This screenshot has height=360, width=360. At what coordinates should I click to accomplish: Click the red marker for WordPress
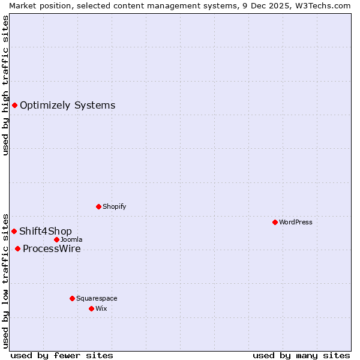[x=275, y=222]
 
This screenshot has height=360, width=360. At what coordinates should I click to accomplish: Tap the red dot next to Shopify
[x=98, y=206]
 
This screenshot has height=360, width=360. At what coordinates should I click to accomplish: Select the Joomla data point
[x=56, y=239]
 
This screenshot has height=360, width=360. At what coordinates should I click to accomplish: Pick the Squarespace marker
[x=72, y=298]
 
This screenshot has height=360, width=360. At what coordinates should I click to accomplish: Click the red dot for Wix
[x=91, y=308]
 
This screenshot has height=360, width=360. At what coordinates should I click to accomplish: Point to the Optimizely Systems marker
[x=14, y=106]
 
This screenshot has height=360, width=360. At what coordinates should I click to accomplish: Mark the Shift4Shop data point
[x=14, y=231]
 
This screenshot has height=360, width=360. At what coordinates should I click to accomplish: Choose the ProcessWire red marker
[x=17, y=248]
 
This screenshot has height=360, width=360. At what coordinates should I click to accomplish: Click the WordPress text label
[x=296, y=222]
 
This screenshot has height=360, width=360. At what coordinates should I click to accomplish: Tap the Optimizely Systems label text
[x=67, y=106]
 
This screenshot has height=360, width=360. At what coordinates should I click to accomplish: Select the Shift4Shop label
[x=46, y=232]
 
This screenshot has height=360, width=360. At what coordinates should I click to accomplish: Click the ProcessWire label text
[x=52, y=249]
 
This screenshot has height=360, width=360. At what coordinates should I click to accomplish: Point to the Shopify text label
[x=114, y=206]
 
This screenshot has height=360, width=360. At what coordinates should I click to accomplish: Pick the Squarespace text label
[x=97, y=298]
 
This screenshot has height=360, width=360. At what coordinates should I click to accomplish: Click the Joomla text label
[x=71, y=239]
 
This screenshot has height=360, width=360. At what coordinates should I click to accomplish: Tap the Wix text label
[x=101, y=308]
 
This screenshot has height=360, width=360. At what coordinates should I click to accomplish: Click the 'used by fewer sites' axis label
[x=62, y=355]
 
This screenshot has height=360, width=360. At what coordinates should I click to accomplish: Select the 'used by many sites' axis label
[x=301, y=355]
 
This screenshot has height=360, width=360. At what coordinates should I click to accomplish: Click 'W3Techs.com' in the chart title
[x=325, y=5]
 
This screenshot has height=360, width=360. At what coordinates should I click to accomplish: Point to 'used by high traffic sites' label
[x=5, y=86]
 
